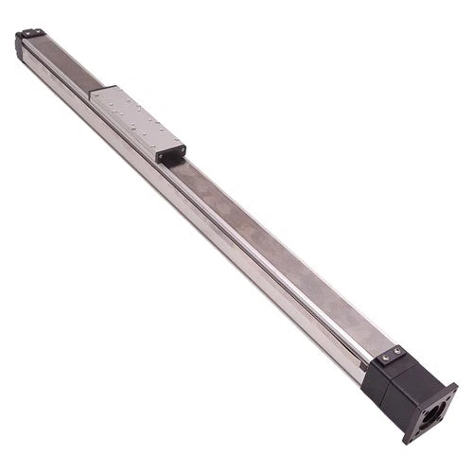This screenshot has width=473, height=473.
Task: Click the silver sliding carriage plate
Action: tap(134, 117)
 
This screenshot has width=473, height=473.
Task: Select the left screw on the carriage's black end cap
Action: tap(163, 150)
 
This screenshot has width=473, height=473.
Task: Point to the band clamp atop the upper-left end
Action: tap(31, 33)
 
